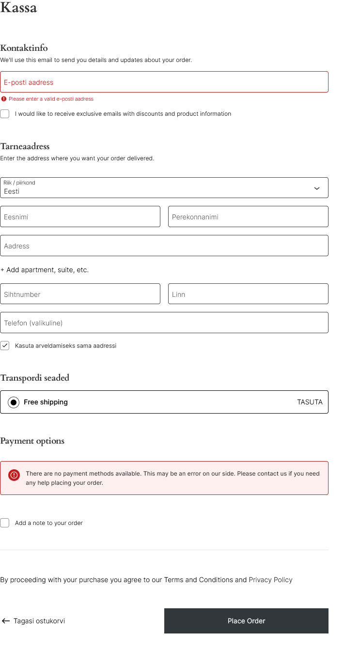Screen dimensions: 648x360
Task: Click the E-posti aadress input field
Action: (x=164, y=82)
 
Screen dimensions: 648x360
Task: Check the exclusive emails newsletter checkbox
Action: (x=5, y=114)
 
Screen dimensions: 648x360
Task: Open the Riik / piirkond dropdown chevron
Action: (x=317, y=188)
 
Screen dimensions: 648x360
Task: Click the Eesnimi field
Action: (x=80, y=216)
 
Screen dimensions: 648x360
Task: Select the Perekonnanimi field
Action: (x=248, y=216)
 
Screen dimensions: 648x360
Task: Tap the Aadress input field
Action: (x=164, y=246)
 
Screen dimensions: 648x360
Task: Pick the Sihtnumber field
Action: (x=80, y=294)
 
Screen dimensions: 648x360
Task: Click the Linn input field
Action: (x=248, y=294)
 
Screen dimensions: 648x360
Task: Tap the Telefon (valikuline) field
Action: (x=164, y=323)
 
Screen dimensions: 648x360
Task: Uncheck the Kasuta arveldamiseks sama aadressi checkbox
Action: (x=5, y=346)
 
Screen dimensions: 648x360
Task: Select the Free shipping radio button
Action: (x=14, y=402)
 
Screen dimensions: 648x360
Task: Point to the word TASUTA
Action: (x=310, y=402)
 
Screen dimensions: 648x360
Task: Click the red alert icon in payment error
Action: (x=14, y=475)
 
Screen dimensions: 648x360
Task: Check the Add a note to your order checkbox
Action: (x=5, y=523)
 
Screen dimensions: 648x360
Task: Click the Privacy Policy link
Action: (x=270, y=580)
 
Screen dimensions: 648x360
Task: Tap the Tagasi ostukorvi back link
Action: (x=33, y=621)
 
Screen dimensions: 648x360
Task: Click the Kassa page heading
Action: (x=18, y=8)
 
